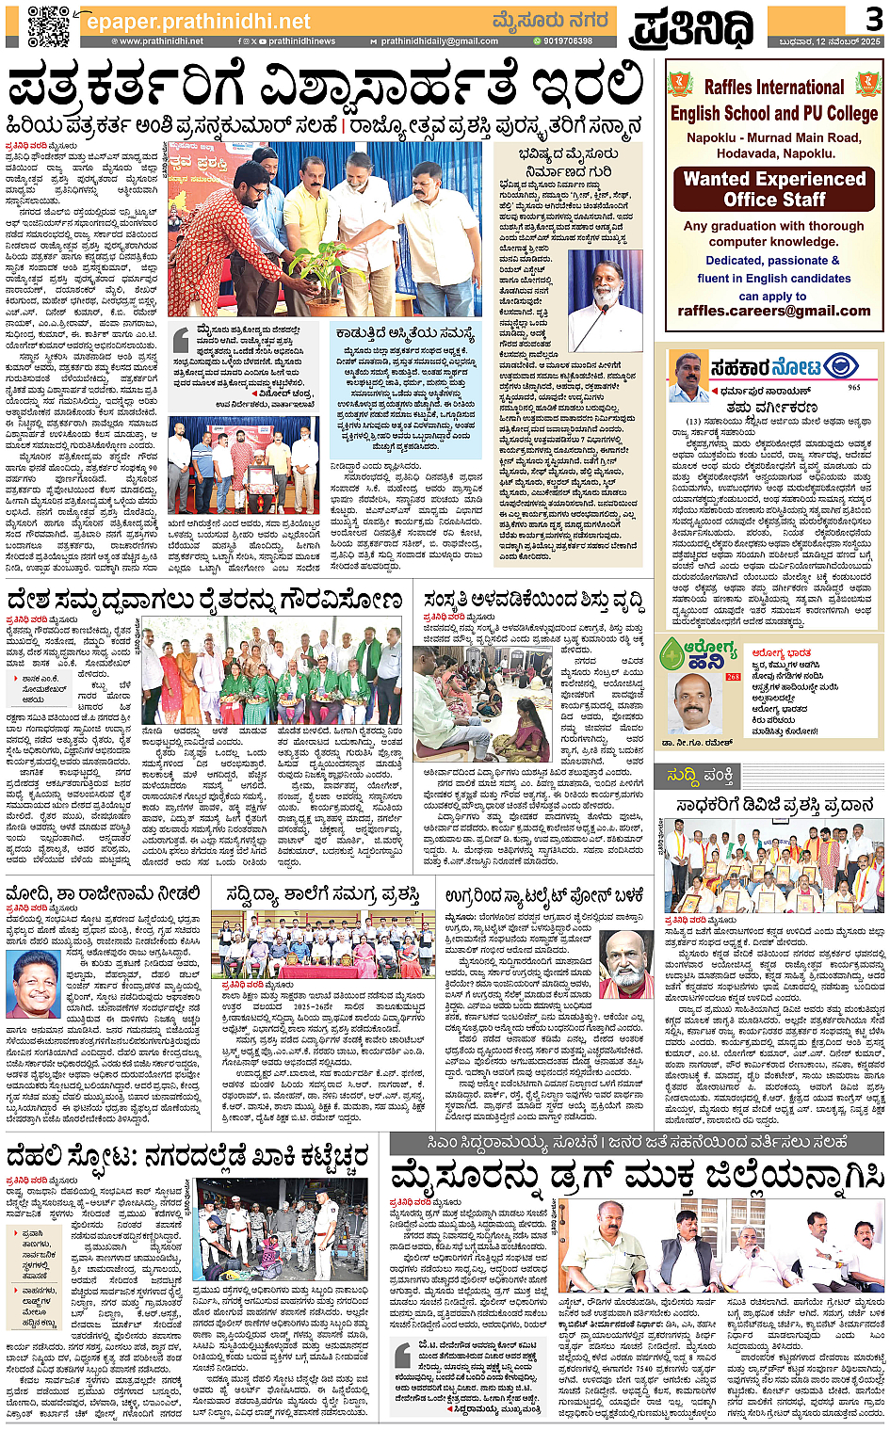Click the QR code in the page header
48,25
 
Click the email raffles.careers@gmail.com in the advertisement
774,311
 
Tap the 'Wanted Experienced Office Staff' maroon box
774,189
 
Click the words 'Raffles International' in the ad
774,88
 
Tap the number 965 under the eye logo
853,387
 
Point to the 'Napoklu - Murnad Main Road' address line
774,137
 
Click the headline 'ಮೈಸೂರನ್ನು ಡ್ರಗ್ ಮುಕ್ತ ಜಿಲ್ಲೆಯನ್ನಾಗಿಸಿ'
637,1176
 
